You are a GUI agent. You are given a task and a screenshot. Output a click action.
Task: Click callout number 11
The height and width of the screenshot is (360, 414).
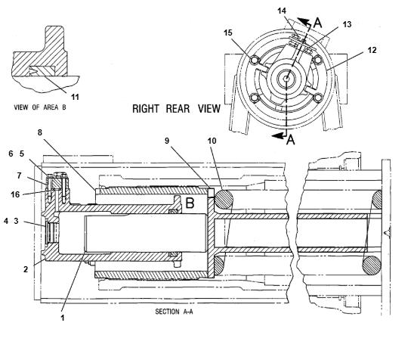(76, 97)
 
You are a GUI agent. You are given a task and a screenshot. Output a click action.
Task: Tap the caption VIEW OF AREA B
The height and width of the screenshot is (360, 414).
(40, 107)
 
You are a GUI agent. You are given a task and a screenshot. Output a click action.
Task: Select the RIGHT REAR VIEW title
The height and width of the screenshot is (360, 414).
(176, 109)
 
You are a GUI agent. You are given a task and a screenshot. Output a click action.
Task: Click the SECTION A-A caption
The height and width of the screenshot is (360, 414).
(174, 312)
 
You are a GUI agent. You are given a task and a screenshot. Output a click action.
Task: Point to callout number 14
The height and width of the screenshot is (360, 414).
(282, 11)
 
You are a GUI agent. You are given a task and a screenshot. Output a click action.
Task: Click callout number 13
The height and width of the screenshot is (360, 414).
(348, 24)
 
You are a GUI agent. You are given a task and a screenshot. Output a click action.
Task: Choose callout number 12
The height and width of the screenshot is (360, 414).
(372, 50)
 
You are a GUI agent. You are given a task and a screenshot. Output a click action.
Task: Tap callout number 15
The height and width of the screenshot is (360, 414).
(228, 33)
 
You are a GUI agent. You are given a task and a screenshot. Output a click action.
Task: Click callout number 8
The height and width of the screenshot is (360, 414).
(40, 132)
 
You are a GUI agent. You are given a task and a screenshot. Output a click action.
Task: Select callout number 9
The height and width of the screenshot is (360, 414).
(167, 141)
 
